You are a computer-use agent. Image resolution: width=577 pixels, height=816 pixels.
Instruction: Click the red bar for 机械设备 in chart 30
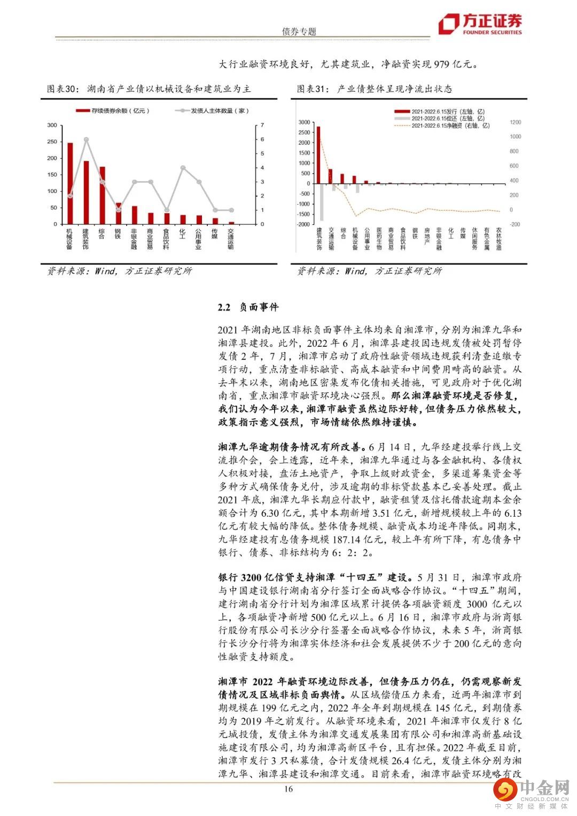tap(69, 183)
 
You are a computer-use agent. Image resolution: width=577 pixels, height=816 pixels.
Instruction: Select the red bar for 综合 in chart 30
tap(102, 195)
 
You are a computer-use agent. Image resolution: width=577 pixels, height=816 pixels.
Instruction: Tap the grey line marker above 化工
tap(183, 167)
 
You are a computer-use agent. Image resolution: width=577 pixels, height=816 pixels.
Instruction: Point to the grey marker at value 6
tap(85, 139)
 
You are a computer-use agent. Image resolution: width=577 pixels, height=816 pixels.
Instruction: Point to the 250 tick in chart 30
tap(52, 142)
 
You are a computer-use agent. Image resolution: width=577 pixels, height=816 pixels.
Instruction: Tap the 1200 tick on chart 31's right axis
tap(515, 122)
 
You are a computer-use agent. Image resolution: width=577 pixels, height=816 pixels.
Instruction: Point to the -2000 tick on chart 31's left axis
tap(303, 224)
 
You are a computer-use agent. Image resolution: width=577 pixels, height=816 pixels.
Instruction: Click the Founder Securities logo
tap(479, 24)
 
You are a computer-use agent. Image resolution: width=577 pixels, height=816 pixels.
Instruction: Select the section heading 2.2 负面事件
tap(248, 307)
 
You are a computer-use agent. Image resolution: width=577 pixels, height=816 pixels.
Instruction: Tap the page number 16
tap(288, 790)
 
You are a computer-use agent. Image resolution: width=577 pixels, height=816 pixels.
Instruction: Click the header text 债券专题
tap(299, 32)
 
